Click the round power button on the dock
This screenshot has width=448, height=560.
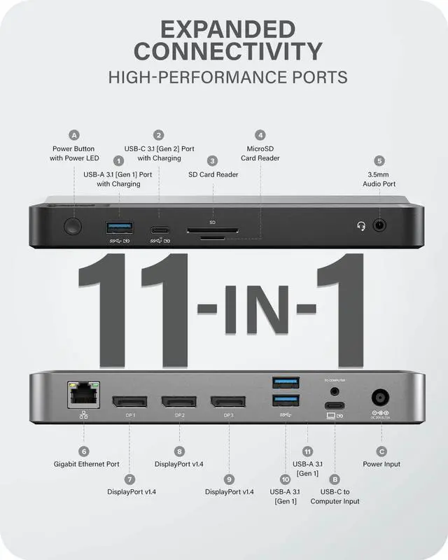click(x=71, y=226)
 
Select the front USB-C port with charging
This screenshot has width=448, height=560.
click(x=160, y=228)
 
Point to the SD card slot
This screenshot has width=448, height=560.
click(x=212, y=229)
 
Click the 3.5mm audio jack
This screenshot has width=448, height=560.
click(x=379, y=226)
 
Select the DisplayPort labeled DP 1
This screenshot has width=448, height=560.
click(x=130, y=402)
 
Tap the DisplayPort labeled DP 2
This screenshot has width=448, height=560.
click(x=179, y=402)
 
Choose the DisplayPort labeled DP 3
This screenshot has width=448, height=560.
click(x=228, y=402)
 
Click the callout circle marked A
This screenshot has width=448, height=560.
click(x=75, y=135)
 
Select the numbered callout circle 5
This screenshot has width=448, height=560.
click(x=379, y=160)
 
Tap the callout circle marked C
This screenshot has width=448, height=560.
click(x=381, y=451)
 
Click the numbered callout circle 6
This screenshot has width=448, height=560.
click(x=84, y=451)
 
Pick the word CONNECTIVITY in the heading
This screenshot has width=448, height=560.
click(x=228, y=51)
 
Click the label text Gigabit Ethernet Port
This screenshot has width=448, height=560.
click(x=87, y=464)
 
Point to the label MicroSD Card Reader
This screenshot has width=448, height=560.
click(x=260, y=153)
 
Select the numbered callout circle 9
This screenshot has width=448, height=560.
click(x=229, y=479)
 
